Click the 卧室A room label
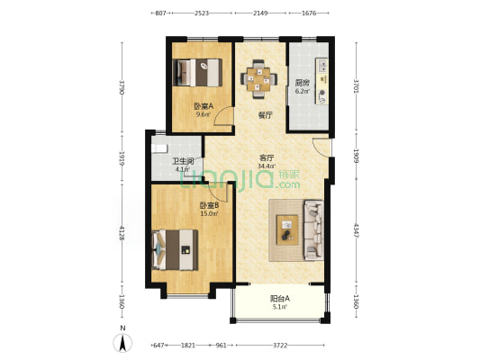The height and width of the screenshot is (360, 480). tap(204, 106)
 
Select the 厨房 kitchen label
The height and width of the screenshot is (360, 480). tap(303, 83)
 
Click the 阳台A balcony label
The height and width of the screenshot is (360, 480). tap(280, 298)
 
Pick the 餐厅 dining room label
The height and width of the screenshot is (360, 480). tap(265, 115)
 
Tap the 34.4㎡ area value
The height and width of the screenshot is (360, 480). tap(267, 166)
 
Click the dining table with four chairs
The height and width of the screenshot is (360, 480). tap(259, 79)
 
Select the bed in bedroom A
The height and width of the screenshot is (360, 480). tap(197, 73)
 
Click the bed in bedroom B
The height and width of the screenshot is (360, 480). tap(175, 250)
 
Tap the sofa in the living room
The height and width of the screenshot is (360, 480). tap(313, 230)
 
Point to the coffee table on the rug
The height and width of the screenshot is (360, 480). tap(287, 230)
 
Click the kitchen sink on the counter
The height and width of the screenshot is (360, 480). tap(322, 65)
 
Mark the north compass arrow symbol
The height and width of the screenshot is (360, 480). tap(122, 343)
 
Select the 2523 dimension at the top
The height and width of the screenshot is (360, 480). tap(202, 13)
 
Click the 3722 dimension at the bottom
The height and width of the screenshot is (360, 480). tap(280, 346)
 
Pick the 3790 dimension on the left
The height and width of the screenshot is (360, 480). tap(122, 87)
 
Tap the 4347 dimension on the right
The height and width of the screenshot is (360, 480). tap(356, 230)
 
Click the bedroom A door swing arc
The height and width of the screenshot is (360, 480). tap(221, 112)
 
